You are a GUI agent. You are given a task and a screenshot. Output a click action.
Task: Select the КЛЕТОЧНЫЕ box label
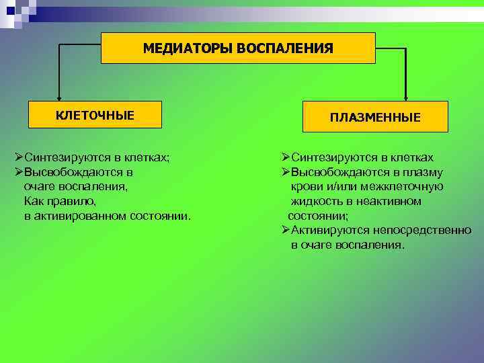(95, 115)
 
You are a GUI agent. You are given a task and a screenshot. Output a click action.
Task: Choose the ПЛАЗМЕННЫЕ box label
(375, 117)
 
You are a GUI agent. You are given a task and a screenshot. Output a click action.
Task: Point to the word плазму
(423, 172)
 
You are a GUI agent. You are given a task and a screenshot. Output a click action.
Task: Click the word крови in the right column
(307, 186)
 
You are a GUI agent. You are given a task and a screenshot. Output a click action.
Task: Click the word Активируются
(327, 231)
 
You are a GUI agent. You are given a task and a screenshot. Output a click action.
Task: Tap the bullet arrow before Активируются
(286, 231)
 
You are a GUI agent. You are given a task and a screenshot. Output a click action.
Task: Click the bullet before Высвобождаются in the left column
(19, 172)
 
